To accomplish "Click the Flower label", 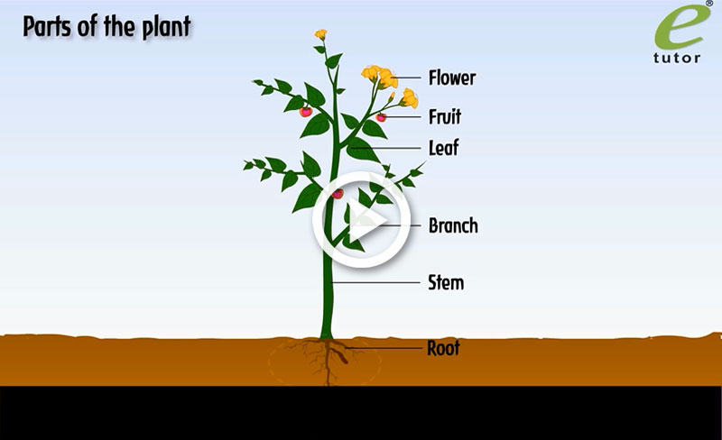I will point(451,78).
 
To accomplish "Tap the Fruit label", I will point(445,116).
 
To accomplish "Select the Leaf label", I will point(443,148).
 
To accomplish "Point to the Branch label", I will point(453,225).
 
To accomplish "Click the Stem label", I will point(445,283).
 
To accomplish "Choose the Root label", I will point(443,347).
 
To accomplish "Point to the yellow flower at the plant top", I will point(320,35).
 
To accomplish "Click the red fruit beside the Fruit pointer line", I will point(381,117).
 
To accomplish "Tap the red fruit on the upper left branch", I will point(306,112).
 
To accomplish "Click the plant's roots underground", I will point(327,358).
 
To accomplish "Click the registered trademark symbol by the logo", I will point(708,5).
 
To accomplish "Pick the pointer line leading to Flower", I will point(410,78).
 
